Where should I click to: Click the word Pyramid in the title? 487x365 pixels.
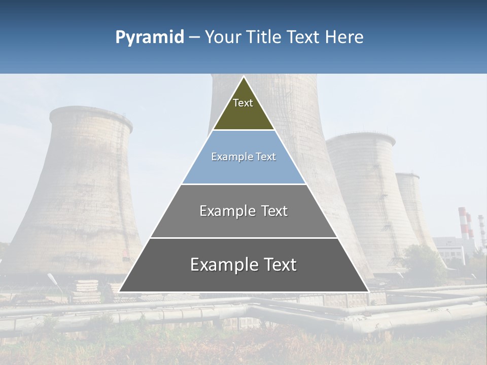tap(150, 37)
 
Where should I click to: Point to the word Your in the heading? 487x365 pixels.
tap(223, 37)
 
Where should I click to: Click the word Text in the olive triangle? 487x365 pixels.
tap(243, 103)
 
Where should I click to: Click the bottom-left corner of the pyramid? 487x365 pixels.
tap(120, 291)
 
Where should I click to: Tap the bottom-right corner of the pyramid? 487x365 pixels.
tap(368, 291)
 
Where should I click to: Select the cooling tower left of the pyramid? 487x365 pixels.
tap(81, 193)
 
